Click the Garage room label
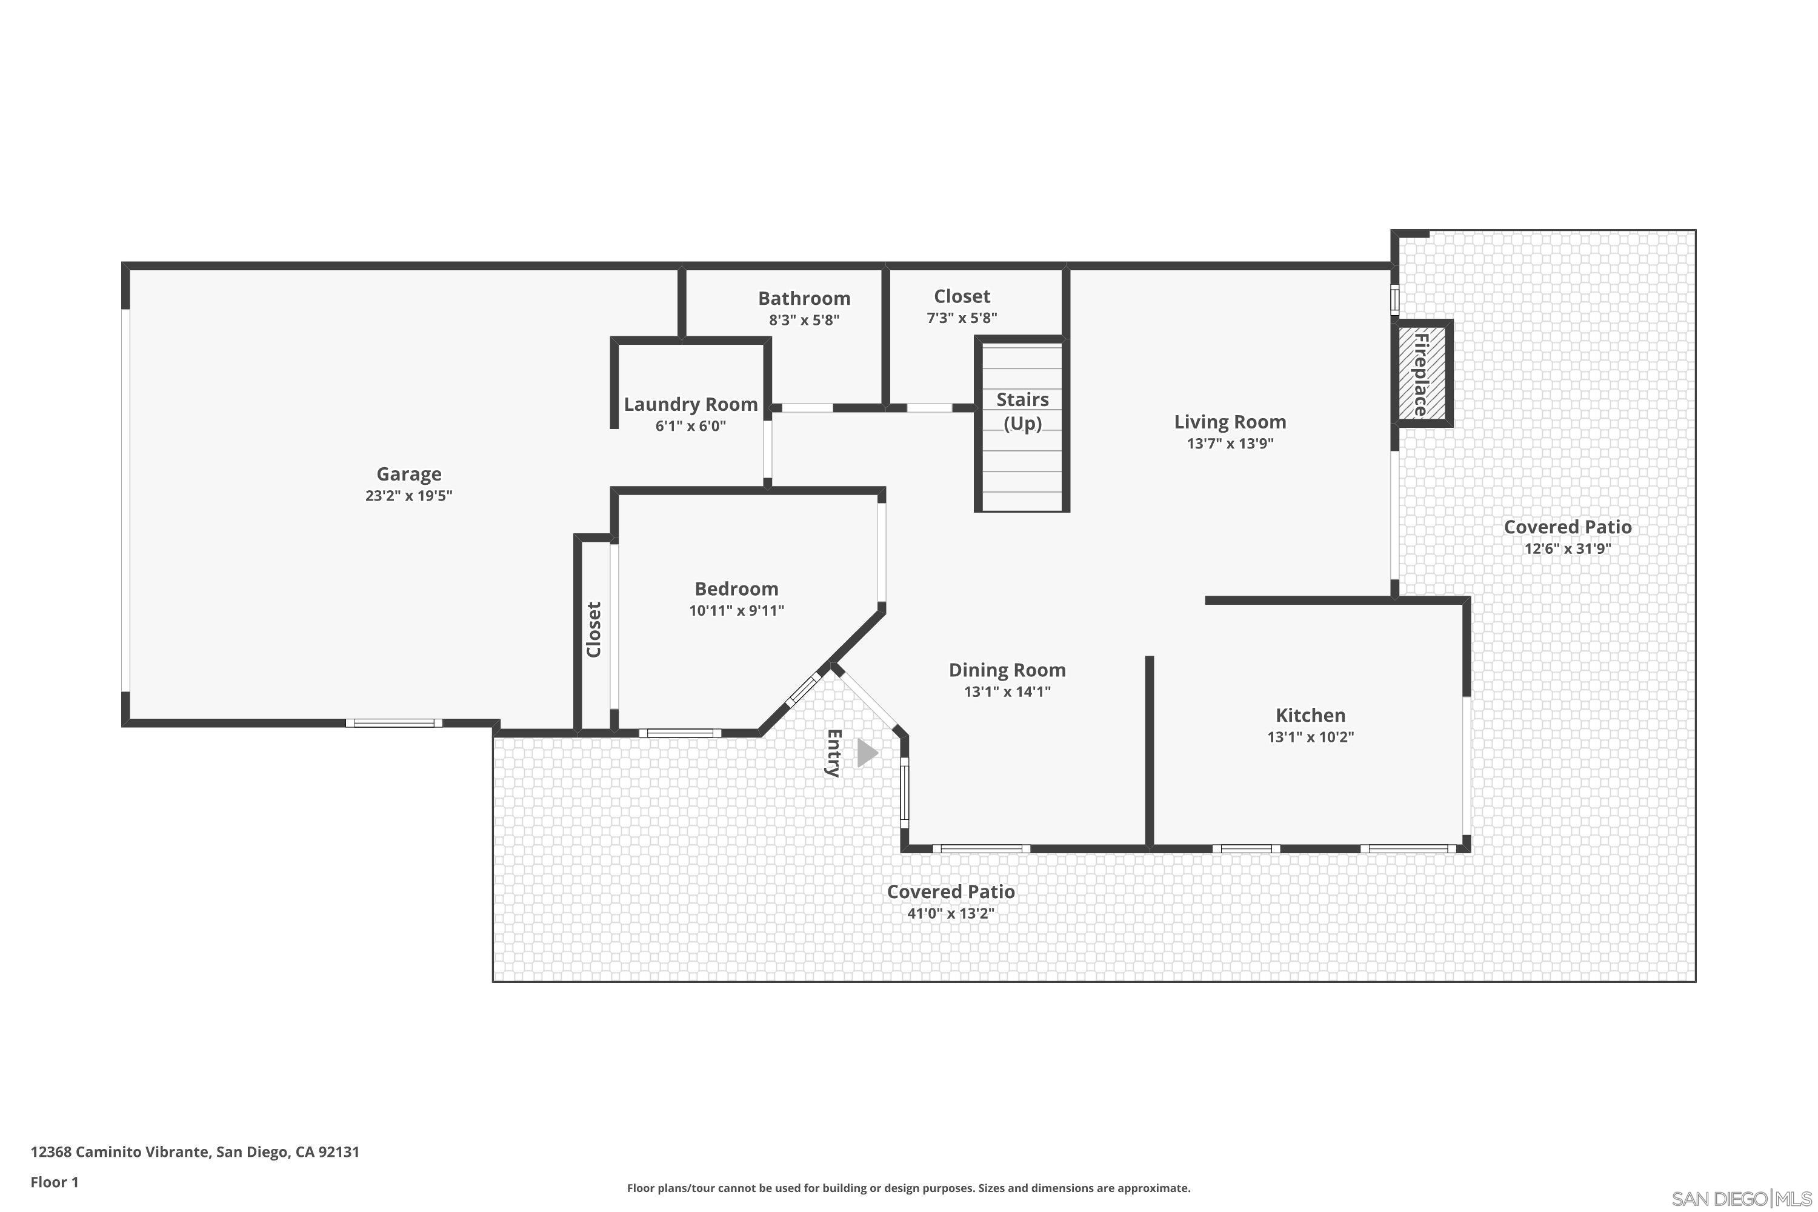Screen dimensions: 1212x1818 [x=409, y=474]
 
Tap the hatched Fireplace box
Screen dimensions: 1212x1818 [x=1422, y=373]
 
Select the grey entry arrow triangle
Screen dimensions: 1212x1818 [x=867, y=753]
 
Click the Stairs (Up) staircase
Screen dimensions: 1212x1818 [x=1022, y=456]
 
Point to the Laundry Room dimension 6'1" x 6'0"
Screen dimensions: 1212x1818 [x=690, y=426]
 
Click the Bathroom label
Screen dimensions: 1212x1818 [x=804, y=298]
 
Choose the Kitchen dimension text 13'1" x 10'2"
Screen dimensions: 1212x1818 [x=1310, y=737]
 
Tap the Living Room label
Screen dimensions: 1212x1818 [x=1230, y=422]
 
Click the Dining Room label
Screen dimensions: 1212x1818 [x=1007, y=670]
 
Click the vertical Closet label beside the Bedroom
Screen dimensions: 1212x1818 [x=594, y=629]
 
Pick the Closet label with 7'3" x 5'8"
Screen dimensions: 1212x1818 [x=962, y=296]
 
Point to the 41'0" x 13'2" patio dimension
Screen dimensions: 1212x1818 [x=950, y=913]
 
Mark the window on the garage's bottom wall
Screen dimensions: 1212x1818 [x=395, y=723]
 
